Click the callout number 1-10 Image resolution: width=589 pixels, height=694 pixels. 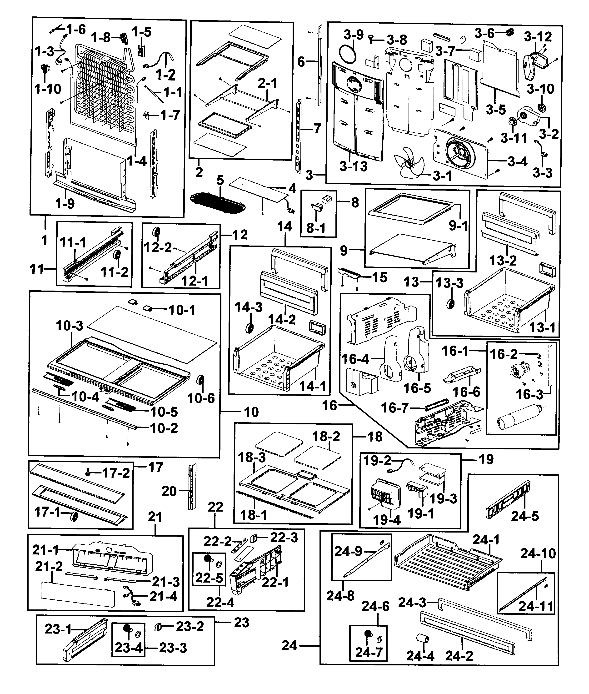tap(48, 89)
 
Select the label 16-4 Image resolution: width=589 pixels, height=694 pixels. tap(355, 359)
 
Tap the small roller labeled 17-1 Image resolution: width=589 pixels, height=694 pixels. tap(73, 517)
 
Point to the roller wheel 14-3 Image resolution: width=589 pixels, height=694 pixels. tap(248, 328)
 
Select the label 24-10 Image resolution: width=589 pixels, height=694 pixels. tap(538, 553)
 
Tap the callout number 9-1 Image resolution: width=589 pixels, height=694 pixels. tap(458, 226)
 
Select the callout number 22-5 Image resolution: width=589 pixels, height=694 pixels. tap(209, 578)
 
